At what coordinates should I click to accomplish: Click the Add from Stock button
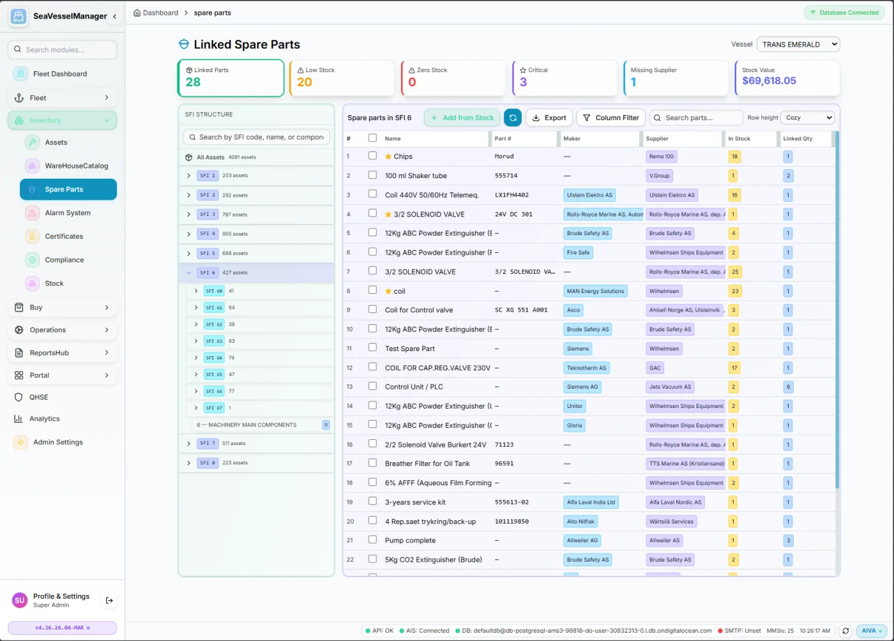[x=462, y=117]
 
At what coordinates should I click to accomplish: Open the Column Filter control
[x=610, y=117]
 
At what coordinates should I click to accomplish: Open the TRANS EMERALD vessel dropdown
[x=798, y=44]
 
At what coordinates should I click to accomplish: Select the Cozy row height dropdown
[x=808, y=117]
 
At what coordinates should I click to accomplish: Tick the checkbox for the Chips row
[x=372, y=156]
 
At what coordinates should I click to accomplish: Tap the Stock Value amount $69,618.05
[x=769, y=81]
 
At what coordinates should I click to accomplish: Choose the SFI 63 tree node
[x=214, y=341]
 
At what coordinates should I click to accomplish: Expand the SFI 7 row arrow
[x=188, y=444]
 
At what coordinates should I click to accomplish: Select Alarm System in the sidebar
[x=67, y=213]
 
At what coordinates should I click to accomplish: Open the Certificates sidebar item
[x=64, y=236]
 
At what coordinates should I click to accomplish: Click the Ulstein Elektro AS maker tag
[x=589, y=195]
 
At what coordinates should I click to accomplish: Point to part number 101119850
[x=511, y=522]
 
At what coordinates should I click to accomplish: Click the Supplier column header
[x=657, y=139]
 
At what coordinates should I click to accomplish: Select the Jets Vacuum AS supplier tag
[x=670, y=387]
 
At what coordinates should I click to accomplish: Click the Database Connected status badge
[x=844, y=13]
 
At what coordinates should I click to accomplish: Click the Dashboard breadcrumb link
[x=160, y=13]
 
